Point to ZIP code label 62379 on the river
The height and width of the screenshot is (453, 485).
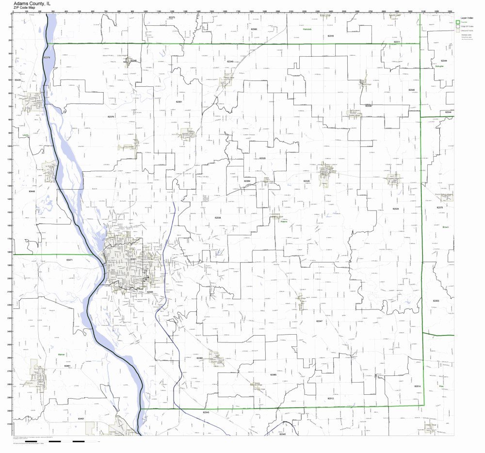(x=47, y=57)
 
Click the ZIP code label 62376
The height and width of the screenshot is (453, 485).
(x=111, y=116)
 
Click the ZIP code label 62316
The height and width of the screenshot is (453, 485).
(x=331, y=36)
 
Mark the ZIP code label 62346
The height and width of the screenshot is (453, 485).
(x=411, y=90)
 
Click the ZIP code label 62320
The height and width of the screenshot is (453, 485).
(x=306, y=180)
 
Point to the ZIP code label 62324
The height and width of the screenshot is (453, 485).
(x=396, y=208)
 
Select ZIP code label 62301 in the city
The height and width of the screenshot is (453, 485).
(x=133, y=259)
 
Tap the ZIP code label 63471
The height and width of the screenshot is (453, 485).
(x=69, y=260)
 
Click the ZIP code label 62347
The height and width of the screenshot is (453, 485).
(x=319, y=321)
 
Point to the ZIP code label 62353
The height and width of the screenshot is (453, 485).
(x=436, y=301)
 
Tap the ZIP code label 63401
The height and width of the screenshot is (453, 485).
(x=81, y=418)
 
